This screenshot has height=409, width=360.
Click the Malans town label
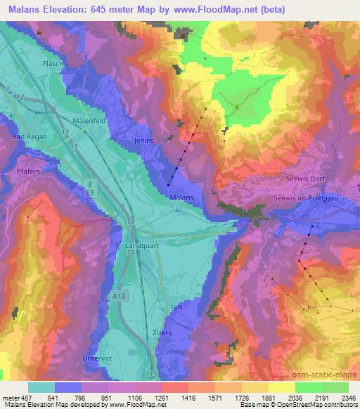coord(182,197)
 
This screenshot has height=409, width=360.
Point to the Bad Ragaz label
coord(27,135)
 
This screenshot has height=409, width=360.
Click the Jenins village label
coord(142,140)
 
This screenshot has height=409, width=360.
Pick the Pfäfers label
coord(26,169)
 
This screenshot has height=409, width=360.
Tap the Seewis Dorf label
coord(304,178)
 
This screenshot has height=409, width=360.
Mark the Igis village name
coord(176,307)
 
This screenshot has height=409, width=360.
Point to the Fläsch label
coord(54,63)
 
